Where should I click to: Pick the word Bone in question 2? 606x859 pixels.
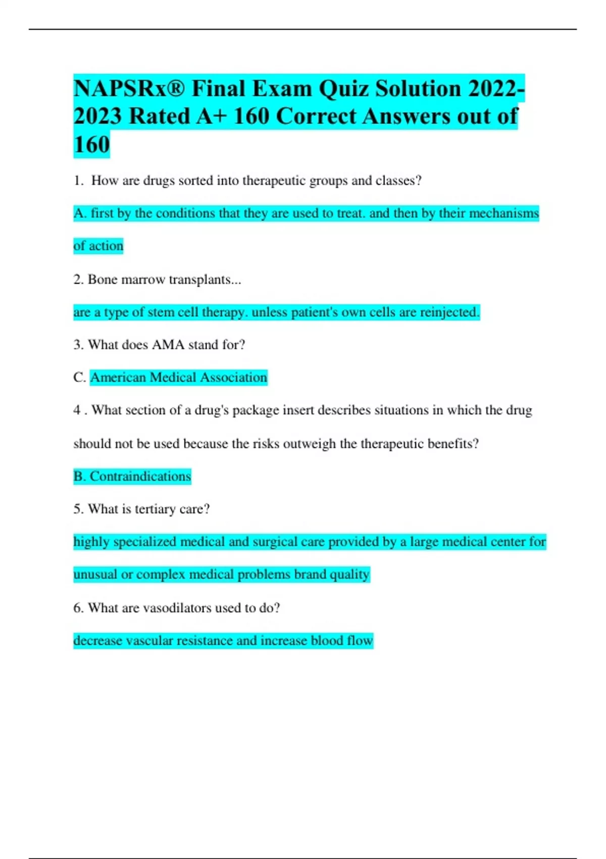pos(102,279)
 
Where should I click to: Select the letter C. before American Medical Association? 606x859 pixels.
pos(80,377)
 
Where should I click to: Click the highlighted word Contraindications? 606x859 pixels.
pos(140,476)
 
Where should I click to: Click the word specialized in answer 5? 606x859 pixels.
pos(145,542)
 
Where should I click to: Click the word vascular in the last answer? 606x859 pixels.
pos(144,641)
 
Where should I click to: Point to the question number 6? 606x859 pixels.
pos(78,608)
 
